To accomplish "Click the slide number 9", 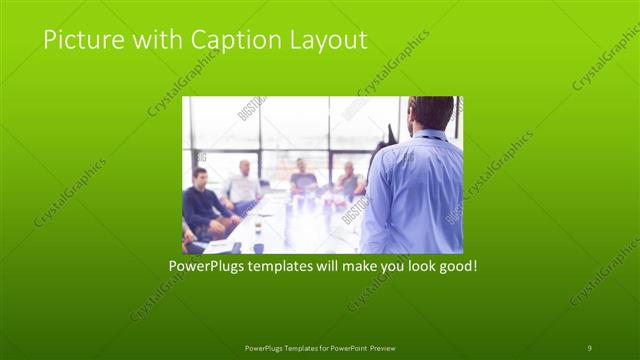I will (589, 347).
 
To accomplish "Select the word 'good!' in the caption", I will (454, 267).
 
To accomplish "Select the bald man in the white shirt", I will (243, 186).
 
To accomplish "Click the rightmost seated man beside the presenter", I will (349, 179).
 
